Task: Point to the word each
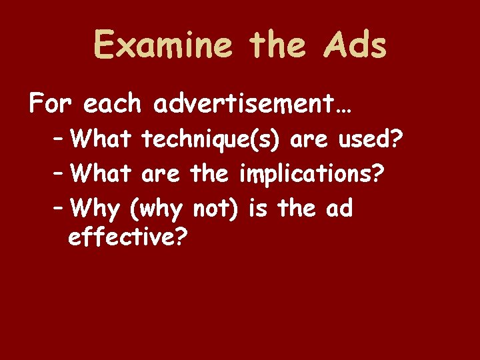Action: (113, 104)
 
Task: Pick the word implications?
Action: (311, 175)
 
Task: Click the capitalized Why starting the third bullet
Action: (96, 209)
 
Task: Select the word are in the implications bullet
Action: (161, 175)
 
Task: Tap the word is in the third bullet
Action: (257, 209)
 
